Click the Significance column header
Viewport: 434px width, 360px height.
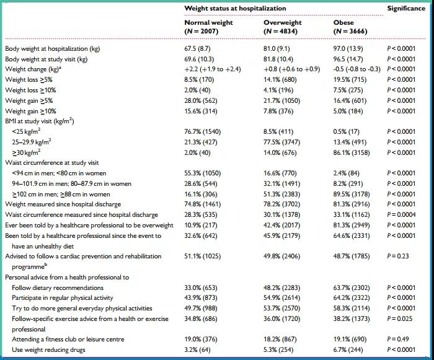coord(406,8)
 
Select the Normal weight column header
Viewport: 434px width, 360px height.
coord(209,27)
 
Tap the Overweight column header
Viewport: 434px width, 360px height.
coord(283,27)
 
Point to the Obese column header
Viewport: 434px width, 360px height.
coord(350,27)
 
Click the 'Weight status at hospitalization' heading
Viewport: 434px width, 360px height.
coord(235,8)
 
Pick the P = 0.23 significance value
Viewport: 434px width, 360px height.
coord(398,257)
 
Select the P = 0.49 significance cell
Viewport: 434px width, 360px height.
coord(398,340)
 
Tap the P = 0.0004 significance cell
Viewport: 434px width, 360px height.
coord(401,215)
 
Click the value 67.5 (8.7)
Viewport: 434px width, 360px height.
coord(197,49)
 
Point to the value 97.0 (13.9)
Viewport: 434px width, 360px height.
coord(348,49)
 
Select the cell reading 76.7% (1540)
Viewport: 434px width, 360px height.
coord(203,132)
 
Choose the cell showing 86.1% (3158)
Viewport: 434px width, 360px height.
coord(352,153)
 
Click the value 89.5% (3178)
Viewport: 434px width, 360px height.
coord(352,194)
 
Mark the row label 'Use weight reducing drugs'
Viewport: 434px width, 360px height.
coord(48,350)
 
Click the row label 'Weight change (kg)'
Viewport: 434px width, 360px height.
coord(33,69)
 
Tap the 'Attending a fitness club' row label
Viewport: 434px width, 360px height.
coord(68,340)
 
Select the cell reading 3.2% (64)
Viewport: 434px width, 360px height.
coord(197,349)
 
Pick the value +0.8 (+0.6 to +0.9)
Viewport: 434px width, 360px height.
coord(292,69)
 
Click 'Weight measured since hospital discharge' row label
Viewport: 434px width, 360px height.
coord(63,204)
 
